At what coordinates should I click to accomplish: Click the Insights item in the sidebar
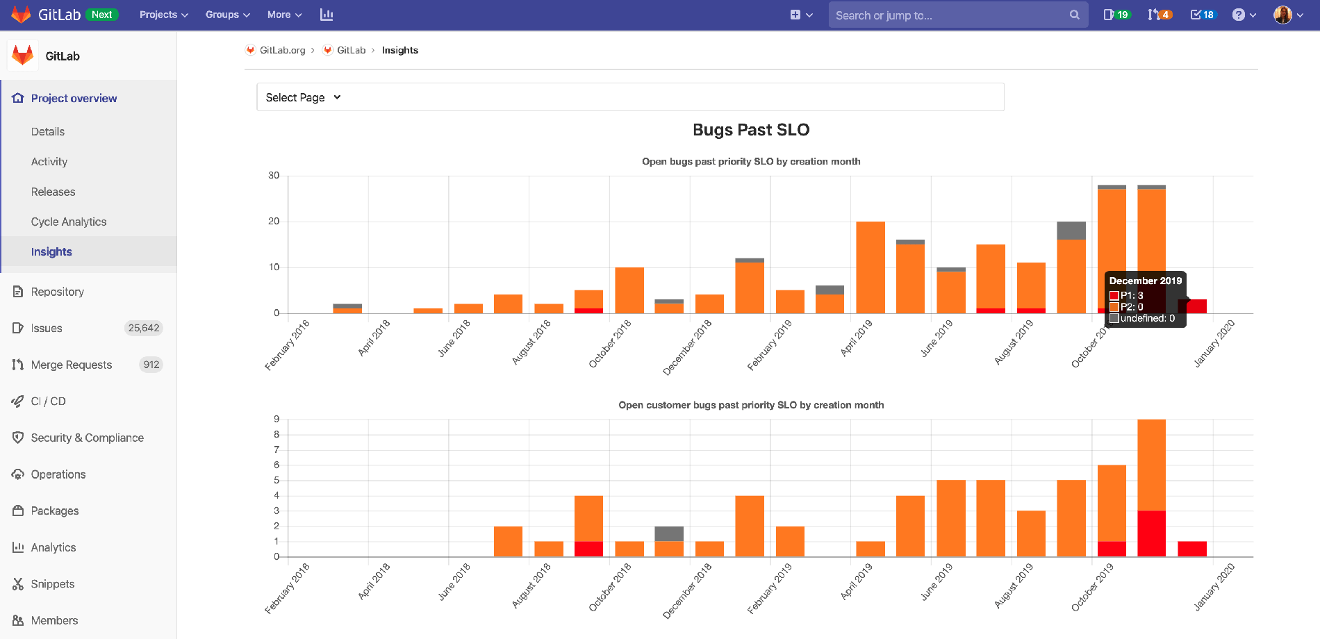[51, 251]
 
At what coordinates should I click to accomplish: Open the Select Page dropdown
[304, 97]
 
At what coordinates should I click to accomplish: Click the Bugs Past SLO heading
[751, 130]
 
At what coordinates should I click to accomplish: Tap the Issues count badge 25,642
[144, 328]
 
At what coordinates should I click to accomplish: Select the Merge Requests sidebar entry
[71, 365]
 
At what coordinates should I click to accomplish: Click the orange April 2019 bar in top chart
[871, 267]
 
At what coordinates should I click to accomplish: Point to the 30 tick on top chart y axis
[274, 176]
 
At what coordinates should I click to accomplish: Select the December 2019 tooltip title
[1145, 281]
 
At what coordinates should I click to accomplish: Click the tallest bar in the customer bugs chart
[1151, 465]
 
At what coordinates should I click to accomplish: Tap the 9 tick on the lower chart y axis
[277, 419]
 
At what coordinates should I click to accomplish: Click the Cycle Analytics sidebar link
[69, 222]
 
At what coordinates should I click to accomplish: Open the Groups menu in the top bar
[227, 15]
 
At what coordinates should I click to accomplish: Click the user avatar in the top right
[1282, 15]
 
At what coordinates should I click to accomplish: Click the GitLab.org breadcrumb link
[282, 50]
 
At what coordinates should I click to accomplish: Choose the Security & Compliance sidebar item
[87, 438]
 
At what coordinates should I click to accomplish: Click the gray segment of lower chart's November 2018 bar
[669, 533]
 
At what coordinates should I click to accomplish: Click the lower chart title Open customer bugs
[751, 405]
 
